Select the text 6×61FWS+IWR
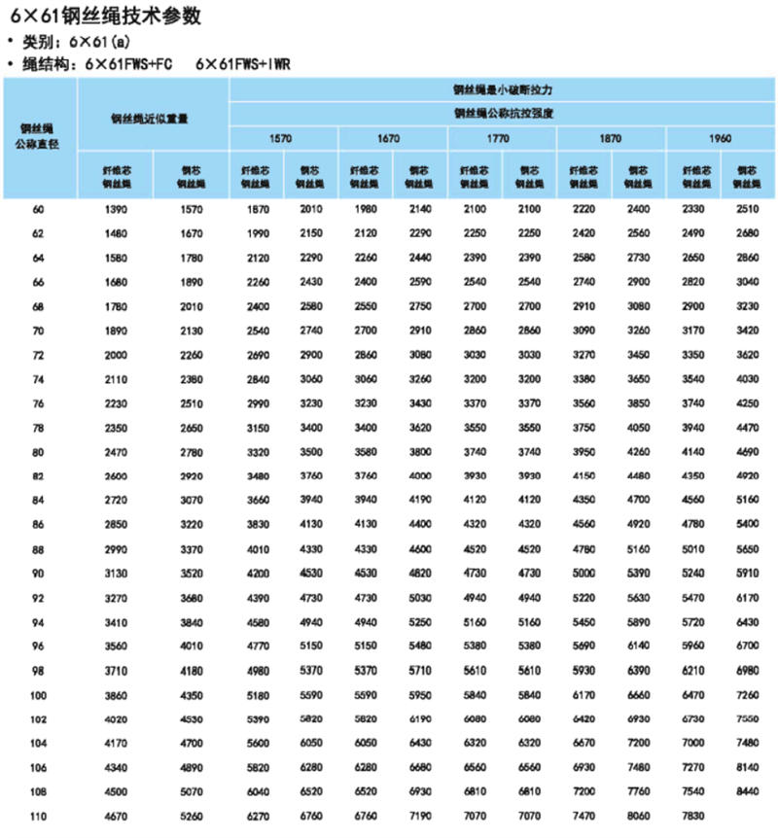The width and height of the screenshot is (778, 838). [x=243, y=64]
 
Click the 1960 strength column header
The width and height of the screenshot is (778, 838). [x=720, y=139]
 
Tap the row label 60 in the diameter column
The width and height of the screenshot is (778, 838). [x=39, y=209]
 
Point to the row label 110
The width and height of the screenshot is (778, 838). [x=39, y=815]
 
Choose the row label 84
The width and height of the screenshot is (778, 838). [x=39, y=500]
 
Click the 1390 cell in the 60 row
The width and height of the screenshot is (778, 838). [x=115, y=209]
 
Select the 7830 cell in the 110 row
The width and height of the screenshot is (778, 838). [x=692, y=815]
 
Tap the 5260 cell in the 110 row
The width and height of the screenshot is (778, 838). [x=191, y=815]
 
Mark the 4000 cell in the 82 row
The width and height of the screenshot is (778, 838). [x=419, y=475]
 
